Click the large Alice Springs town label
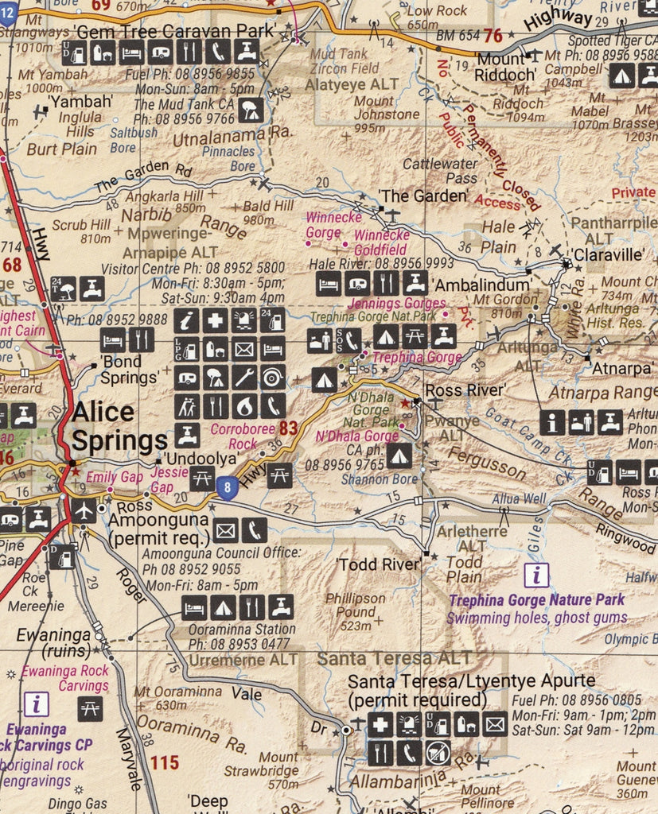(x=119, y=426)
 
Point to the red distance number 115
(x=164, y=763)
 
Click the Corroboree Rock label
(x=235, y=436)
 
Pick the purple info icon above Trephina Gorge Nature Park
(x=539, y=575)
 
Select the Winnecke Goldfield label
(x=382, y=242)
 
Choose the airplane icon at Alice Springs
(x=83, y=511)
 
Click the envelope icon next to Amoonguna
(x=225, y=529)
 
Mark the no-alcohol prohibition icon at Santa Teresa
(x=438, y=752)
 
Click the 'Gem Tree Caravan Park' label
(x=173, y=31)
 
